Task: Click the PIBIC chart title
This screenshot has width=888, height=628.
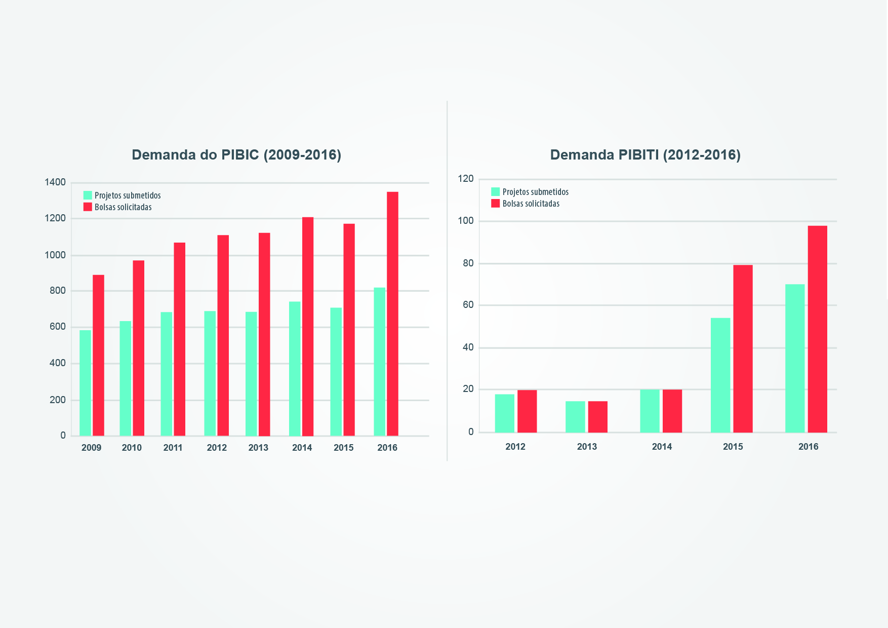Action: coord(236,155)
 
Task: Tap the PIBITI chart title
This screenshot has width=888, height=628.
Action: coord(645,155)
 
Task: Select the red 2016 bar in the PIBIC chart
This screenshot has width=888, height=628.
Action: coord(392,313)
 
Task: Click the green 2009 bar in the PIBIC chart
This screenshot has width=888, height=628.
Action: coord(85,383)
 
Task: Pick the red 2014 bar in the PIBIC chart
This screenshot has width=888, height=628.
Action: coord(308,326)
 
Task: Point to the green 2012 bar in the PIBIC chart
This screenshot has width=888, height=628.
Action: coord(210,373)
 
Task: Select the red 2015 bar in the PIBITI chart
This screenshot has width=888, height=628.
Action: coord(743,348)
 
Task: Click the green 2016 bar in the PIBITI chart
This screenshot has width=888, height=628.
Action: coord(794,358)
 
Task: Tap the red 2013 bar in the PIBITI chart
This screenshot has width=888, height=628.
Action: coord(597,417)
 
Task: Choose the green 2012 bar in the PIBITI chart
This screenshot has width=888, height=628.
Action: coord(504,413)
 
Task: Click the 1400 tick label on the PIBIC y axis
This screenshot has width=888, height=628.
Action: coord(55,182)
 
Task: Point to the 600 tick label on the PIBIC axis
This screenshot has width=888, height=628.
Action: coord(58,327)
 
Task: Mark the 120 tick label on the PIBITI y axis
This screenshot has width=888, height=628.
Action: coord(466,179)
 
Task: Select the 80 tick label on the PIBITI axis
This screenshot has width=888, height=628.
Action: coord(468,263)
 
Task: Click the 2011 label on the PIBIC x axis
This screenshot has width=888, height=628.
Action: coord(173,448)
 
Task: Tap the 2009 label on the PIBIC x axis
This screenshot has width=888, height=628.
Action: coord(91,448)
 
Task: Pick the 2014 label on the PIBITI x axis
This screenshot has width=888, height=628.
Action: coord(662,447)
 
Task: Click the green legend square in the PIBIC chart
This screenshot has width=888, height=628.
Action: coord(88,195)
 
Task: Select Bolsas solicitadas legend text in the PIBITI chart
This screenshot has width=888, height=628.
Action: coord(531,204)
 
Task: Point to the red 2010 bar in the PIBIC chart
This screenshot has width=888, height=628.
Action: coord(139,348)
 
